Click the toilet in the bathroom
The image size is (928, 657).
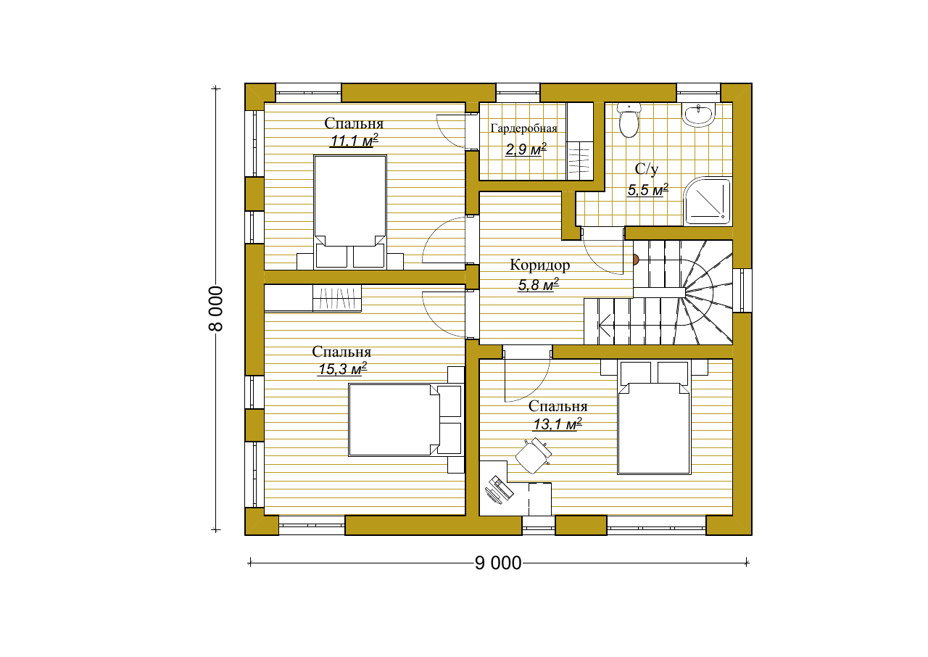tap(629, 120)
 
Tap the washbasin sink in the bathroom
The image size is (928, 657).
tap(698, 115)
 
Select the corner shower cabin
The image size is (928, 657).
tap(707, 202)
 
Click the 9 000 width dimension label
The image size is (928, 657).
tap(498, 563)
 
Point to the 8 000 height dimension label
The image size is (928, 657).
tap(215, 309)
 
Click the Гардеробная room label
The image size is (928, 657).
tap(523, 128)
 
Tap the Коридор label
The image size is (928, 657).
tap(540, 265)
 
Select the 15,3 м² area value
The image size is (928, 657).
tap(342, 368)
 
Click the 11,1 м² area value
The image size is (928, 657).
tap(355, 141)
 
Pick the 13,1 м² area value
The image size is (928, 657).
tap(558, 424)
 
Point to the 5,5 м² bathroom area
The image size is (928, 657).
tap(648, 190)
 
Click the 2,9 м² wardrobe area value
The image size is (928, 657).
tap(526, 149)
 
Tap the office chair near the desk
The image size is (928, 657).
tap(534, 455)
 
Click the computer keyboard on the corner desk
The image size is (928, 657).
tap(501, 487)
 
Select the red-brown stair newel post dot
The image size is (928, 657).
tap(635, 260)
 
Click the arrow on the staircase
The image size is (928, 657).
tap(605, 325)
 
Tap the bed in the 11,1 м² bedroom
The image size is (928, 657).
tap(350, 211)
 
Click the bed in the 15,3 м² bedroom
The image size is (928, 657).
tap(405, 420)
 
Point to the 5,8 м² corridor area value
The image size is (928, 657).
tap(539, 284)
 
